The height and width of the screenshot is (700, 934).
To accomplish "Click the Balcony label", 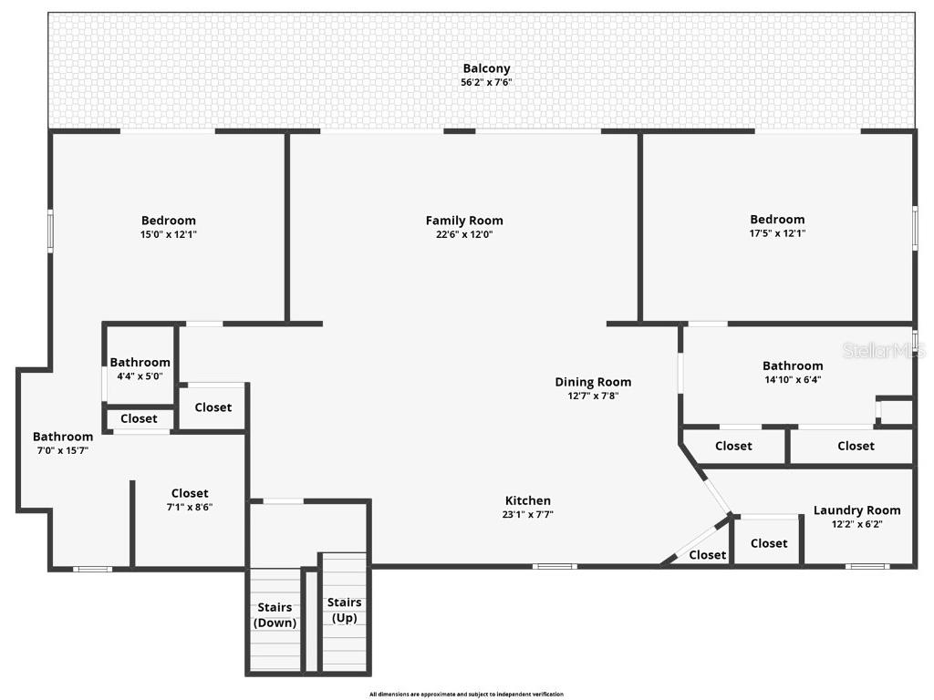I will click(486, 68).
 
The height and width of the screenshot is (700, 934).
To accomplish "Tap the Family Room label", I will click(464, 221).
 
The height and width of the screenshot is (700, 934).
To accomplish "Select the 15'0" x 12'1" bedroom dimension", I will click(168, 234).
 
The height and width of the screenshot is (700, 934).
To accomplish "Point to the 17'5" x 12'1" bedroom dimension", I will click(777, 233).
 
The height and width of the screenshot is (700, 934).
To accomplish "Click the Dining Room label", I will click(593, 382).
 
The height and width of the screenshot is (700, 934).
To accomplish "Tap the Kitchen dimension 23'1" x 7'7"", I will click(528, 514).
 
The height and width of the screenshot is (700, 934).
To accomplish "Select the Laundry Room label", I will click(856, 510).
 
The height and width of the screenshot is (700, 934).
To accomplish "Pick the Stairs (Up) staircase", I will click(344, 609).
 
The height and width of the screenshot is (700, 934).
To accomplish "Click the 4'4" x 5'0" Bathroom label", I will click(140, 363).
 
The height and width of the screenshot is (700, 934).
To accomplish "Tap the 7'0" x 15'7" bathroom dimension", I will click(63, 450).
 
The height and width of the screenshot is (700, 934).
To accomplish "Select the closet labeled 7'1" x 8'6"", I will click(190, 499).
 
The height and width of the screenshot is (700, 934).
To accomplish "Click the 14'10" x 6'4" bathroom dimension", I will click(793, 380).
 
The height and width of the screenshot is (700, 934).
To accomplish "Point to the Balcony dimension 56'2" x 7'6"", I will click(486, 83).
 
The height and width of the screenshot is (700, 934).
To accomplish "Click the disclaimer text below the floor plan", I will click(466, 695).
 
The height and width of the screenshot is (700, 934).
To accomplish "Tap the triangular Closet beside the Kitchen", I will click(707, 554).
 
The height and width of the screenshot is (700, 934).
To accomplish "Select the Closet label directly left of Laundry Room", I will click(768, 543).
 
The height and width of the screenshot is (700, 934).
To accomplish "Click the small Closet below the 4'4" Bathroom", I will click(139, 419).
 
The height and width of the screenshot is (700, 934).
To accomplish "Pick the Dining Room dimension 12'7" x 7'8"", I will click(593, 396).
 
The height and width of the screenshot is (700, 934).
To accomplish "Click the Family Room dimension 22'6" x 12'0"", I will click(464, 234).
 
